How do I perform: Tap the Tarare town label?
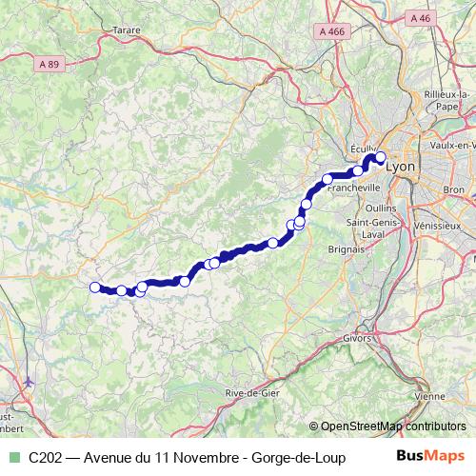126,30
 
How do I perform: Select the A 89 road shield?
53,63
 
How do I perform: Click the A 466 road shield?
332,31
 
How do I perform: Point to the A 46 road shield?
420,17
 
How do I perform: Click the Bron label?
452,190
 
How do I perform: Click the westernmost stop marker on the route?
94,287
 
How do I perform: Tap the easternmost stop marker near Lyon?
381,158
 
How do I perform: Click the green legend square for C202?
12,458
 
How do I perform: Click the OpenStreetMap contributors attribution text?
388,426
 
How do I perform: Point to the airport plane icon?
30,382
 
